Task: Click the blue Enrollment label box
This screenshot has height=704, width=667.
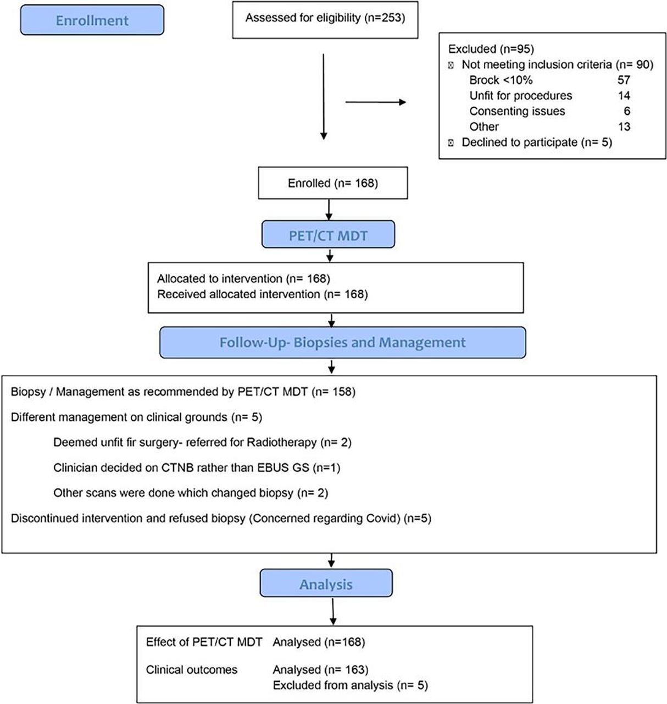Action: (x=92, y=20)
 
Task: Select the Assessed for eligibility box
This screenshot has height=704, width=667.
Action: (x=325, y=19)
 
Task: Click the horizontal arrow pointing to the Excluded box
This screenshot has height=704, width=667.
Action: (x=375, y=102)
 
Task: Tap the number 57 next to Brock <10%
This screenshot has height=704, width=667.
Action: (x=624, y=80)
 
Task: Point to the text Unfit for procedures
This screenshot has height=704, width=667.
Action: (x=520, y=96)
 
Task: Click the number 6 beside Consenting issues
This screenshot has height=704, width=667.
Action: (x=627, y=111)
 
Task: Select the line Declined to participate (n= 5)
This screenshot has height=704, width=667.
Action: (x=536, y=142)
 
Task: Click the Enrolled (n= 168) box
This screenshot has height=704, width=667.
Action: (x=332, y=183)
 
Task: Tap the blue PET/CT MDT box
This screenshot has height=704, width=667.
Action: (x=328, y=235)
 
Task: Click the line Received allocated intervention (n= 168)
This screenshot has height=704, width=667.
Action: (x=262, y=294)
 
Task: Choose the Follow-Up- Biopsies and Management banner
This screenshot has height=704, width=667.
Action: (x=342, y=343)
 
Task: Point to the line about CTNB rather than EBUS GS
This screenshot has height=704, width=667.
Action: (x=197, y=468)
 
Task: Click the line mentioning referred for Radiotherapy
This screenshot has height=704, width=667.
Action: (x=202, y=443)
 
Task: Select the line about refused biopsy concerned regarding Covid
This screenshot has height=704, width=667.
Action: (x=221, y=519)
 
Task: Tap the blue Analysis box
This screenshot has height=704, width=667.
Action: (x=326, y=584)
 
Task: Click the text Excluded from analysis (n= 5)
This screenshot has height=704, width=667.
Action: (x=350, y=685)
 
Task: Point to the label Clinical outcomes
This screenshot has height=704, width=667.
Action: (x=191, y=670)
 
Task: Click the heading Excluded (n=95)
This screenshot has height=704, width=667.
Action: (x=491, y=49)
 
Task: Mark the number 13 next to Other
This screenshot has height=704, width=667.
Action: (x=624, y=127)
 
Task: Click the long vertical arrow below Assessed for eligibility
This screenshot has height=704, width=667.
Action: (x=324, y=96)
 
